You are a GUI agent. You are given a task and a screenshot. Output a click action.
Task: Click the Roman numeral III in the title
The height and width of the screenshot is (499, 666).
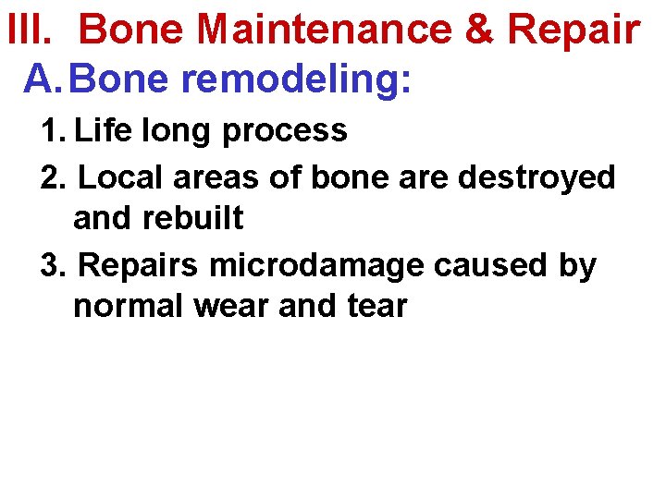point(25,30)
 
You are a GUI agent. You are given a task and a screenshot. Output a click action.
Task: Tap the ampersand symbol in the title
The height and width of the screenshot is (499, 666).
point(479,30)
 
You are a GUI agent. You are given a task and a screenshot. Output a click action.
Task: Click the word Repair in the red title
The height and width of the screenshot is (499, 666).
point(574,30)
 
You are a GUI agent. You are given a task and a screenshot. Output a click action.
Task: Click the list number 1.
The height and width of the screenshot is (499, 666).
point(52,131)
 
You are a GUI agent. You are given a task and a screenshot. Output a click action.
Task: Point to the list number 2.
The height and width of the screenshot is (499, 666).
point(54,176)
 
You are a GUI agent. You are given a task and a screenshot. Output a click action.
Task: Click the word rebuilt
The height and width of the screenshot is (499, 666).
point(198,219)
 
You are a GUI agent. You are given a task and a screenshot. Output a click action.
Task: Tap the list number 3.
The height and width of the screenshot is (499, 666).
point(54,265)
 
